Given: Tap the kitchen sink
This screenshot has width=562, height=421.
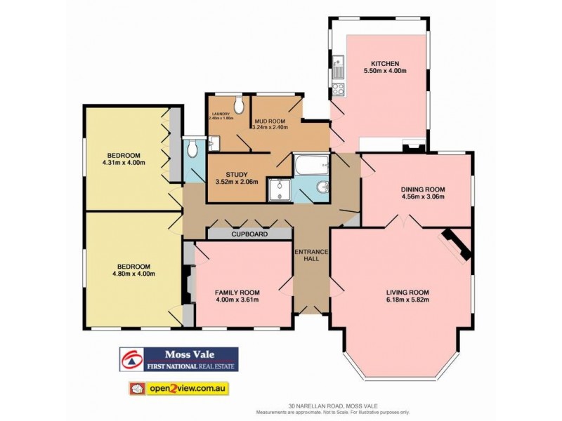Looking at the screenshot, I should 338,68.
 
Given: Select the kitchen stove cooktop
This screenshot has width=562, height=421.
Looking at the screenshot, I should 338,89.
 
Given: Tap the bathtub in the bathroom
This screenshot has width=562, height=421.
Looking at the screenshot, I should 310,167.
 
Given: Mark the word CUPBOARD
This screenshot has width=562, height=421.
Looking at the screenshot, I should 250,234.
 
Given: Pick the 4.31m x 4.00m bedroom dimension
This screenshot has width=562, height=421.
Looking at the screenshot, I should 124,163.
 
